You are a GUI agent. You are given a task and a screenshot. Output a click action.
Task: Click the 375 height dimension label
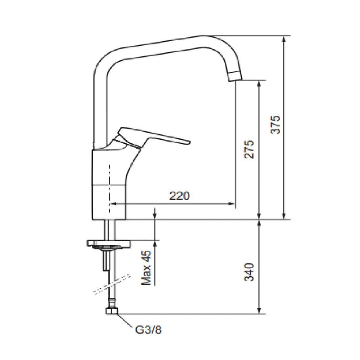pyautogui.click(x=276, y=124)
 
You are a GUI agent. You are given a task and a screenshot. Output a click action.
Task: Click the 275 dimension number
pyautogui.click(x=249, y=149)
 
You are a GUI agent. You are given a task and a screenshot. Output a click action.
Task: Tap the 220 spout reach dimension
pyautogui.click(x=180, y=196)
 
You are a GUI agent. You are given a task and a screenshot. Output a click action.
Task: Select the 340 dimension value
pyautogui.click(x=249, y=272)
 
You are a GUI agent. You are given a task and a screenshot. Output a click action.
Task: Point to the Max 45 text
pyautogui.click(x=146, y=268)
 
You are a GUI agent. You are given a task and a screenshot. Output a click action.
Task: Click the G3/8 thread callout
pyautogui.click(x=148, y=330)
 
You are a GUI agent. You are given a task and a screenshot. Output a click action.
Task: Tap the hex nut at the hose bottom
pyautogui.click(x=112, y=311)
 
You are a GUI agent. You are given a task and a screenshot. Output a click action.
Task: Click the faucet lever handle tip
pyautogui.click(x=190, y=142)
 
